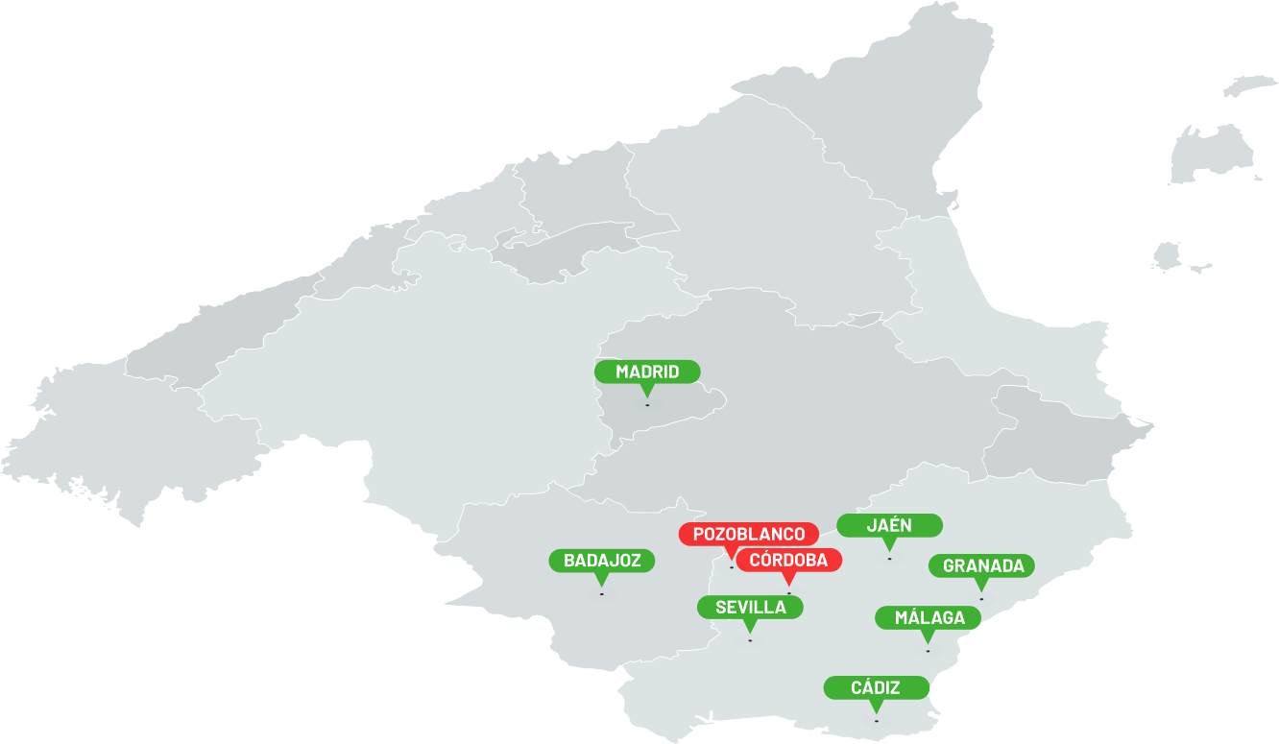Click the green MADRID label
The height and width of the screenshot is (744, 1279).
coord(647,372)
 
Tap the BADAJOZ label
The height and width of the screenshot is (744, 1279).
coord(602,561)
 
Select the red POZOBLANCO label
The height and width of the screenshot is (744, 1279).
coord(749,534)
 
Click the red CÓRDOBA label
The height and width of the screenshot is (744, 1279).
coord(788,560)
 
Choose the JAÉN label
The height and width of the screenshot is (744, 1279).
coord(889,525)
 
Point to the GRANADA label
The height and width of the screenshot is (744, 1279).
coord(981,565)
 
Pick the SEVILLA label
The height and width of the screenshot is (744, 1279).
coord(750,607)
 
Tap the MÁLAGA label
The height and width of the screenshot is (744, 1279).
coord(928,617)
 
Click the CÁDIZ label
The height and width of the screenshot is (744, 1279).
coord(876,687)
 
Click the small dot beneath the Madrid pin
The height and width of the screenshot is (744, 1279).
coord(647,405)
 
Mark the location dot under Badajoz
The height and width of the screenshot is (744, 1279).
coord(602,594)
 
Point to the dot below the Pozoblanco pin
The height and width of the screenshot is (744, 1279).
coord(732,567)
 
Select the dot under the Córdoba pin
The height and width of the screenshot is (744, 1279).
coord(789,593)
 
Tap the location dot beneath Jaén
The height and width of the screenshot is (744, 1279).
coord(889,559)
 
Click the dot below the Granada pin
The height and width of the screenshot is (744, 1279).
coord(981,599)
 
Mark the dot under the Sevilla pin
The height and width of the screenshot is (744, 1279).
coord(750,640)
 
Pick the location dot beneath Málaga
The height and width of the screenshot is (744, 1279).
coord(928,651)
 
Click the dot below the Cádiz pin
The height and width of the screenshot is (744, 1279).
coord(876,721)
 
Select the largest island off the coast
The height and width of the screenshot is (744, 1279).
coord(1212,154)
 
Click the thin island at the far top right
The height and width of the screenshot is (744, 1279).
coord(1252,85)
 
